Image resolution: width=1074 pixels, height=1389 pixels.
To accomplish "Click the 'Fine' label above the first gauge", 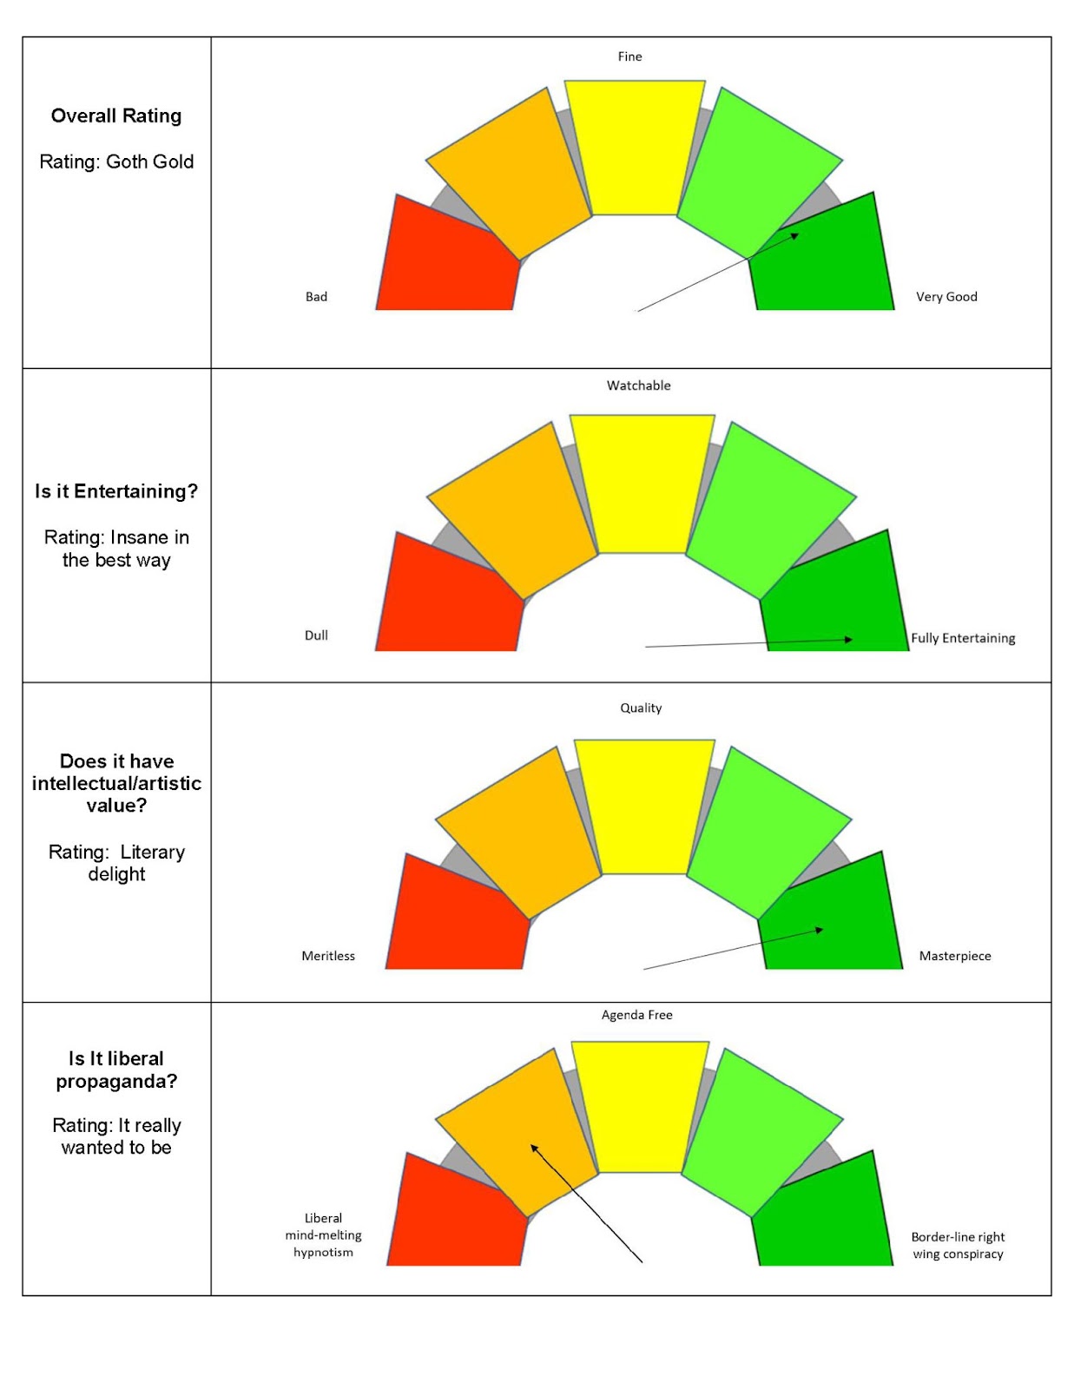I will pyautogui.click(x=629, y=56).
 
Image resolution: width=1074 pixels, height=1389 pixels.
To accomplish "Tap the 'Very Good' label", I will pyautogui.click(x=946, y=297).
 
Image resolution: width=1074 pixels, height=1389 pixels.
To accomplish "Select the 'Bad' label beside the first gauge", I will pyautogui.click(x=316, y=297).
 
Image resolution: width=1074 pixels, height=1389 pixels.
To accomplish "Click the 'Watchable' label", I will pyautogui.click(x=638, y=385).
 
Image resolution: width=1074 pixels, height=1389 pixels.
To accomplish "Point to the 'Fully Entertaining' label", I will pyautogui.click(x=963, y=638).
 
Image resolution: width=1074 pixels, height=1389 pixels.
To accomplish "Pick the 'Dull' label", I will pyautogui.click(x=316, y=635).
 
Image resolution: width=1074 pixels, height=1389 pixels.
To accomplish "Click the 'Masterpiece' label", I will pyautogui.click(x=955, y=956).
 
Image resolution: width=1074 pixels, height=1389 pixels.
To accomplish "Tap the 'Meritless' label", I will pyautogui.click(x=328, y=956).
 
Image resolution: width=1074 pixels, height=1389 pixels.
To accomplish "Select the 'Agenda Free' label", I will pyautogui.click(x=636, y=1015).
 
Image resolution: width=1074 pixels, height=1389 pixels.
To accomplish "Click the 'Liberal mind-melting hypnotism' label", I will pyautogui.click(x=323, y=1235).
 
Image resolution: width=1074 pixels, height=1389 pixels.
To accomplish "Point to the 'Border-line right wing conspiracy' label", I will pyautogui.click(x=958, y=1246).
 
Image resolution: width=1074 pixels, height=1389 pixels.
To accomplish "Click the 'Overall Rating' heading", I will pyautogui.click(x=116, y=116).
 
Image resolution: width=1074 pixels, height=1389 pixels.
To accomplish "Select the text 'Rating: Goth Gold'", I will pyautogui.click(x=116, y=161).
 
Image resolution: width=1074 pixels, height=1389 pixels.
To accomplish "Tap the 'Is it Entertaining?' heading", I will pyautogui.click(x=116, y=491).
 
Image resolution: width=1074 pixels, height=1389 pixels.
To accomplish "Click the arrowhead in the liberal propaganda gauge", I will pyautogui.click(x=534, y=1149).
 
